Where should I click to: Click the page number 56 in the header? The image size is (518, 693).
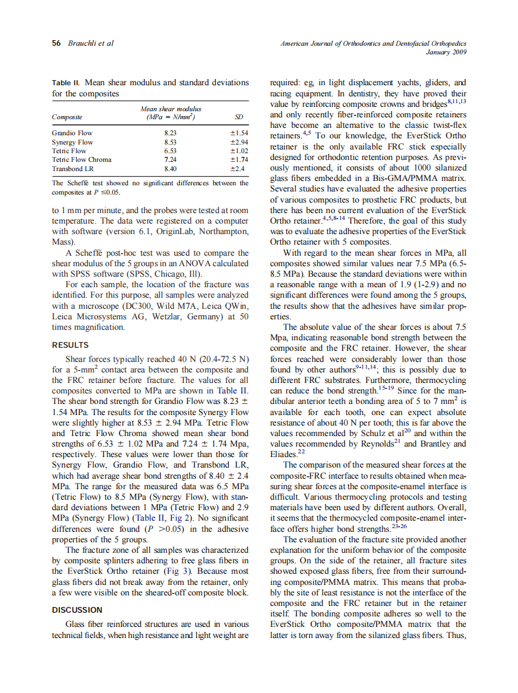point(56,43)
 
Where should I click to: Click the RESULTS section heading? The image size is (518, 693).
point(70,345)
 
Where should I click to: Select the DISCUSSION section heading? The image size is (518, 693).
point(77,610)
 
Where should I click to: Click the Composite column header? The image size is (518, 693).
point(67,117)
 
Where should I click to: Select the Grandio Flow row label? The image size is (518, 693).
point(72,133)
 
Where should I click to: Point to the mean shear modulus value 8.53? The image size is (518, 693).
point(171,141)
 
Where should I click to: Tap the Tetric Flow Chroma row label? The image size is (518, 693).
point(82,159)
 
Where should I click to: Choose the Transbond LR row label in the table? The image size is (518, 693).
point(72,168)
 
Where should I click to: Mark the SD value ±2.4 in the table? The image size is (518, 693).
point(239,168)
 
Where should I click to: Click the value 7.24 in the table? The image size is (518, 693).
point(171,159)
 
